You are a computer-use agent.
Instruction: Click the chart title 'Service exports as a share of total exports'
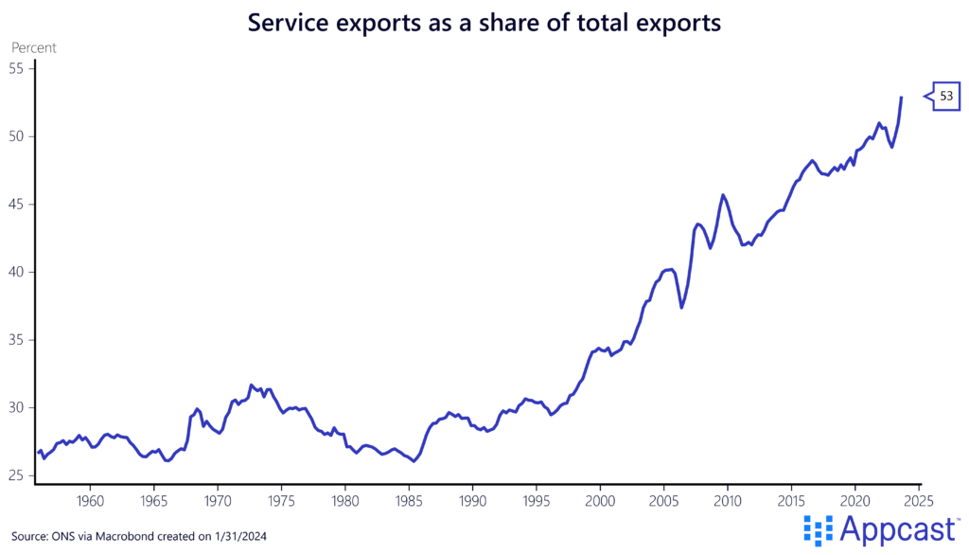click(484, 21)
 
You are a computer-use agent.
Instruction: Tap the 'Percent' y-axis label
click(33, 47)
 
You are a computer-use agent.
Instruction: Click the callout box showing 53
click(946, 96)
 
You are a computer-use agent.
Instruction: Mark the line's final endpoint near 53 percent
click(901, 98)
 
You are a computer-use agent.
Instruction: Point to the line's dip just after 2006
click(681, 307)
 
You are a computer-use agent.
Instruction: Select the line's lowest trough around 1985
click(414, 461)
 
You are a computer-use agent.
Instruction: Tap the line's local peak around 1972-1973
click(251, 385)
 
